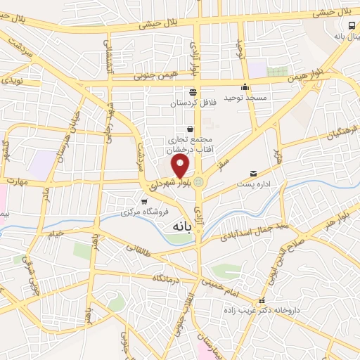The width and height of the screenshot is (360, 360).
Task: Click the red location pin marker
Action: coord(181,167)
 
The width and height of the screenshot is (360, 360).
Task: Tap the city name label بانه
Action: coord(180,228)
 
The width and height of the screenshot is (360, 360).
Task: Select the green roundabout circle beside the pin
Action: coord(199,182)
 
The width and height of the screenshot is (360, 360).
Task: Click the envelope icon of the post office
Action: coord(253,173)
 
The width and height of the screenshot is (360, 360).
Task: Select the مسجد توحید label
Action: coord(245,98)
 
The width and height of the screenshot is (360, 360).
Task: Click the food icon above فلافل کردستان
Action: coord(192,92)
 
